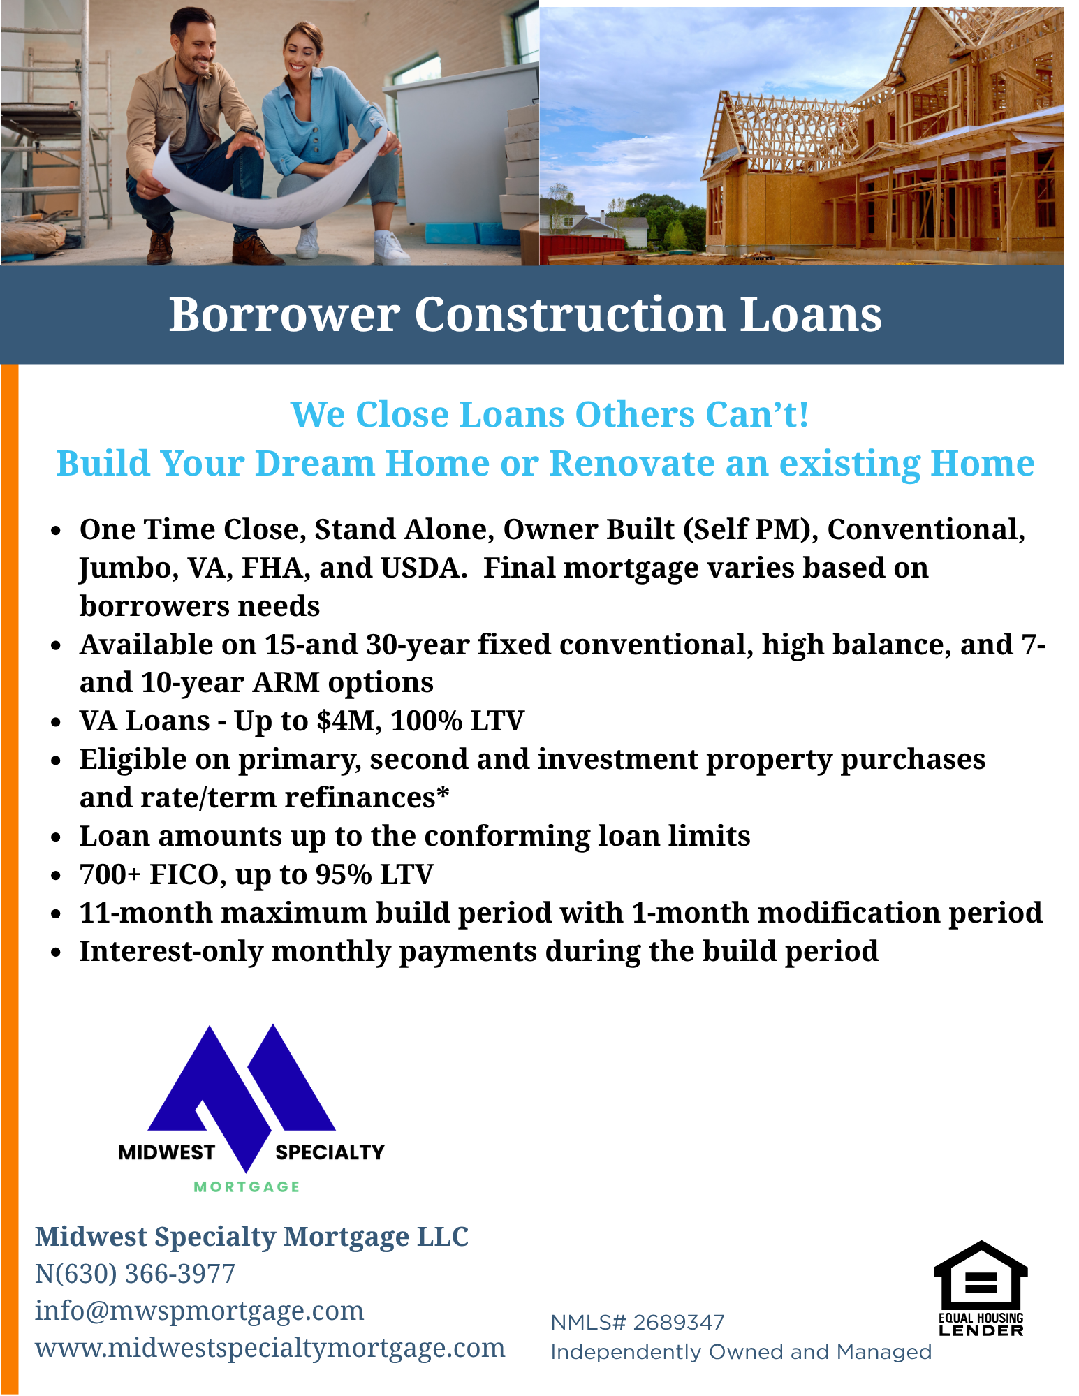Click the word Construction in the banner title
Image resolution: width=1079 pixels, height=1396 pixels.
[571, 314]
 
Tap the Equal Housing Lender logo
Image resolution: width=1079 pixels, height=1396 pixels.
[981, 1288]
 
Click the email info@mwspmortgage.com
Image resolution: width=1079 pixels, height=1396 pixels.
[200, 1311]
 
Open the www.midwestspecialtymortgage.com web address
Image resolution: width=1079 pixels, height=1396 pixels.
[270, 1348]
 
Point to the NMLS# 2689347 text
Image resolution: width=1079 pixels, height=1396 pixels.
[638, 1323]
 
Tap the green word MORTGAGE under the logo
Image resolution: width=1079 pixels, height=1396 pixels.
[247, 1187]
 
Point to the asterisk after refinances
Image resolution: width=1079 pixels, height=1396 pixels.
[443, 795]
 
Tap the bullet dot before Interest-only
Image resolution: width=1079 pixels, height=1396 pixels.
[57, 953]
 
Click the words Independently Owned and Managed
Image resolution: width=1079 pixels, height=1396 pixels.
[741, 1352]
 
